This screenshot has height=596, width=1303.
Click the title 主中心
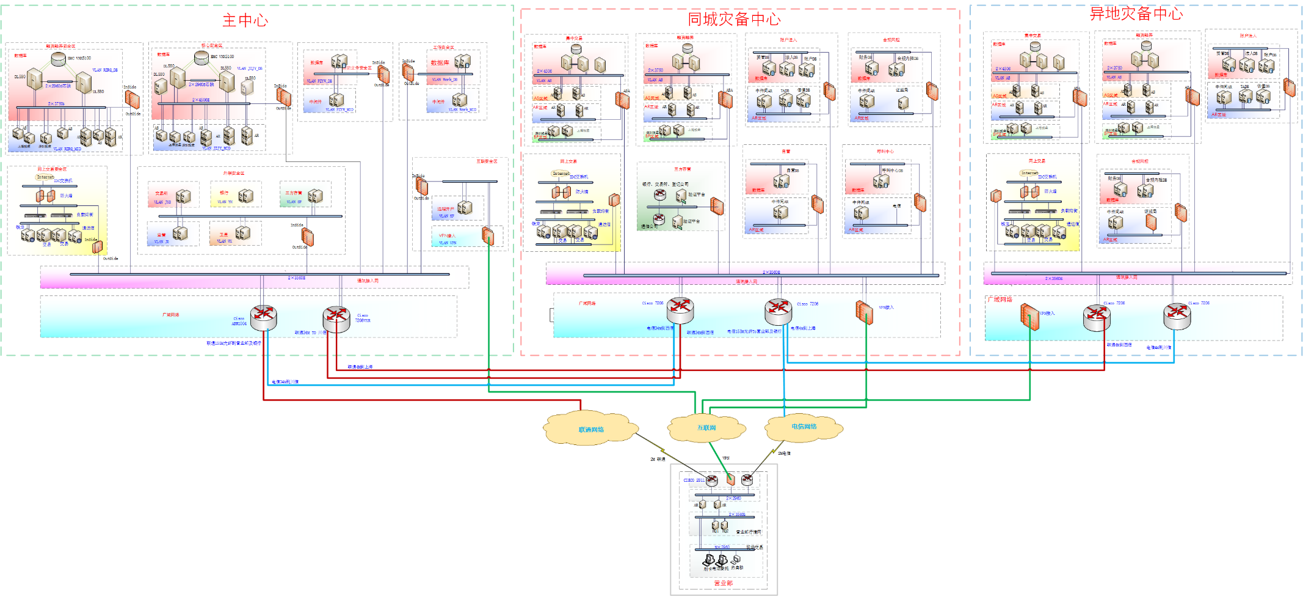[x=245, y=21]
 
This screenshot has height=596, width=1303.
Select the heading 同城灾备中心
[x=734, y=20]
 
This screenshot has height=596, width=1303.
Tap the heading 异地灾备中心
[x=1136, y=14]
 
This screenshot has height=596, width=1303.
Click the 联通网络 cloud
[x=590, y=429]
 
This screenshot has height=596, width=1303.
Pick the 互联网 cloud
[x=706, y=428]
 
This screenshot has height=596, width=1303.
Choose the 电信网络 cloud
[x=804, y=427]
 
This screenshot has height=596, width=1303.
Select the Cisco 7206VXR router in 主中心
[x=336, y=317]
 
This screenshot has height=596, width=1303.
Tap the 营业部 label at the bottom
[x=723, y=583]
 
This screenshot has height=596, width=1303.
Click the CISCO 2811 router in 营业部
[x=712, y=480]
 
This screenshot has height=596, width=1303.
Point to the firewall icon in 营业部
[x=730, y=480]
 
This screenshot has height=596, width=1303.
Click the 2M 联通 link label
[x=658, y=459]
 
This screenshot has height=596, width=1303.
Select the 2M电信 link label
[x=784, y=454]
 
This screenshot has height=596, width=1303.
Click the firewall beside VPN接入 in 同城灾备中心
[x=864, y=312]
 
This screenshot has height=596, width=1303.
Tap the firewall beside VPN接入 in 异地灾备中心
[x=1029, y=316]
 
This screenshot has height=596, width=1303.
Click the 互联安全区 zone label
[x=487, y=161]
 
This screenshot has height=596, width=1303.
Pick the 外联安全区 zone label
[x=233, y=173]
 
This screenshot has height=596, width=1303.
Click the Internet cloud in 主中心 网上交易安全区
[x=45, y=177]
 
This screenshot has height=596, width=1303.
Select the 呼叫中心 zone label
[x=885, y=152]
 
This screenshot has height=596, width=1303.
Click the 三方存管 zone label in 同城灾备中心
[x=682, y=169]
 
